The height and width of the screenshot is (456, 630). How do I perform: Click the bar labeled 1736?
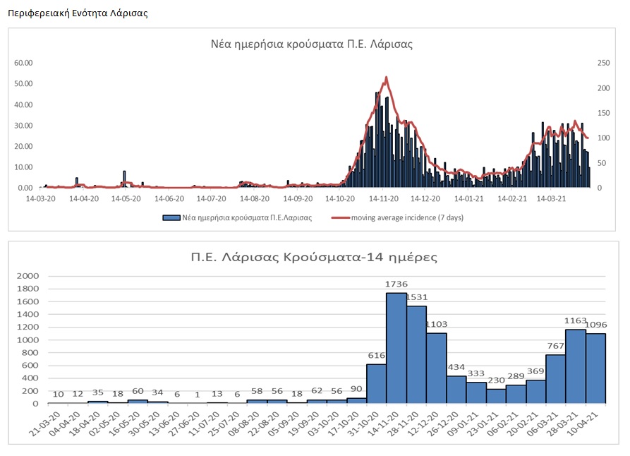pos(396,348)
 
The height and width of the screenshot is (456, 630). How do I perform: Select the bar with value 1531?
pos(416,354)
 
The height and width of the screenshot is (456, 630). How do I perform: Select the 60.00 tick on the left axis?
pos(24,63)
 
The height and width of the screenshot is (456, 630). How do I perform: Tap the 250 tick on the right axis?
pos(603,63)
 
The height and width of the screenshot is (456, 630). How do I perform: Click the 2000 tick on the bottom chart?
pos(30,275)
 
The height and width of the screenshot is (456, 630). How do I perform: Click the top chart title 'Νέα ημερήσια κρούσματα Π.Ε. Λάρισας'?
pos(312,44)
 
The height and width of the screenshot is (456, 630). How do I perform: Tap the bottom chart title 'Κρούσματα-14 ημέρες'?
pos(315,256)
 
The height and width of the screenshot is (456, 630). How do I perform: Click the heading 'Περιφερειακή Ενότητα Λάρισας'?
pos(78,13)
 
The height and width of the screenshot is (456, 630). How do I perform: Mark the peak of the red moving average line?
pos(387,78)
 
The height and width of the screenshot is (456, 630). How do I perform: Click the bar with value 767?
pos(556,379)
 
